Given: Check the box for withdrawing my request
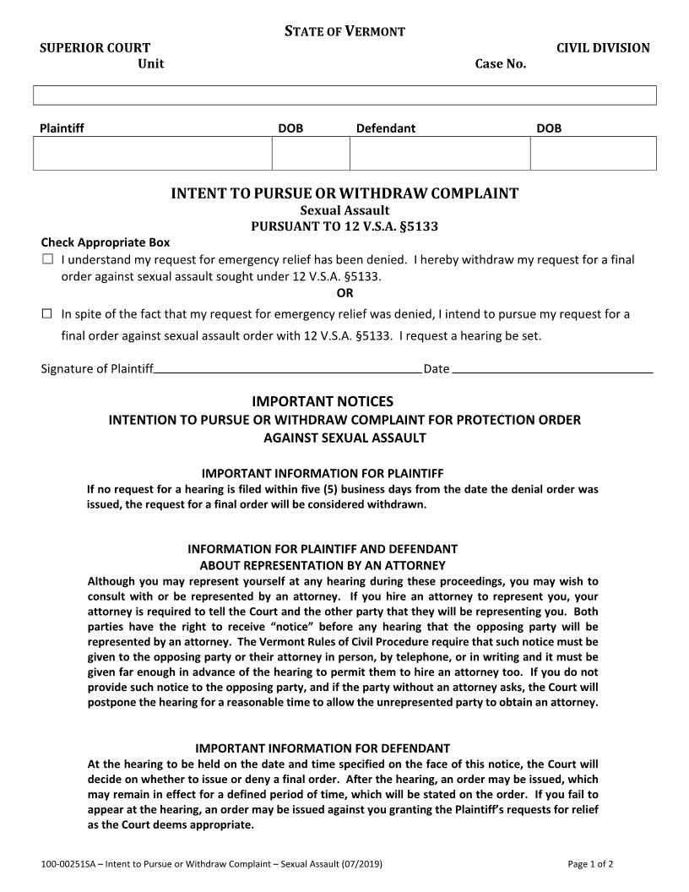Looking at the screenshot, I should point(47,259).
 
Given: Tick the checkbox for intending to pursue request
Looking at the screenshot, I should point(47,314).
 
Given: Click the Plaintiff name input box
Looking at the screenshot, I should point(152,153).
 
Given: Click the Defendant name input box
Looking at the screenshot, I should point(439,153).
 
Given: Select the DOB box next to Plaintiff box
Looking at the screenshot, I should point(310,153).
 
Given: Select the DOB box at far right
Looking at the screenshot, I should point(593,153).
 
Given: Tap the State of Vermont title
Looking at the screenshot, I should point(344,31).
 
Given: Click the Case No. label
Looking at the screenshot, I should point(501,64).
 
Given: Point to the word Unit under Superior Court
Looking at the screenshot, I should point(151,64).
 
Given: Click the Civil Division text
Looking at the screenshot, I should point(603,48).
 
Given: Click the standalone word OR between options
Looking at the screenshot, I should point(344,294).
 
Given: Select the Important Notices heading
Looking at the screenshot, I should point(323,401).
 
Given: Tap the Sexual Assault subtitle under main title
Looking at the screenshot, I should point(344,210).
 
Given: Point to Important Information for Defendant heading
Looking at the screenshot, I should point(323,748).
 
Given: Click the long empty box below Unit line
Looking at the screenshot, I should point(344,95).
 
